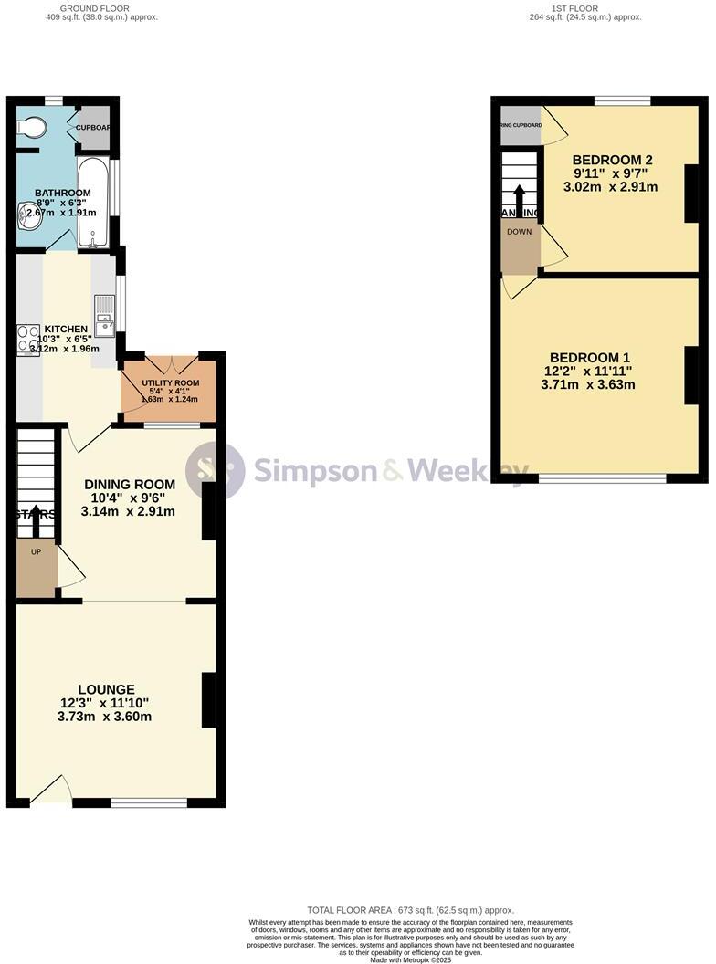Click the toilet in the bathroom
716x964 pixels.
tap(31, 129)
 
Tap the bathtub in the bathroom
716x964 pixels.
tap(94, 204)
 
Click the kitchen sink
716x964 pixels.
tap(106, 314)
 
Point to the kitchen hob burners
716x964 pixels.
tap(28, 340)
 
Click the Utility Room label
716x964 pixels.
tap(170, 383)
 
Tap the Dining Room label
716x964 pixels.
tap(128, 484)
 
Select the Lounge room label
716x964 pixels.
tap(106, 689)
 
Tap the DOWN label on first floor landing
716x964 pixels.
tap(519, 232)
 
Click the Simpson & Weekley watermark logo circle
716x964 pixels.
tap(215, 471)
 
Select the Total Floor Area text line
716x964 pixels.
tap(410, 910)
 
